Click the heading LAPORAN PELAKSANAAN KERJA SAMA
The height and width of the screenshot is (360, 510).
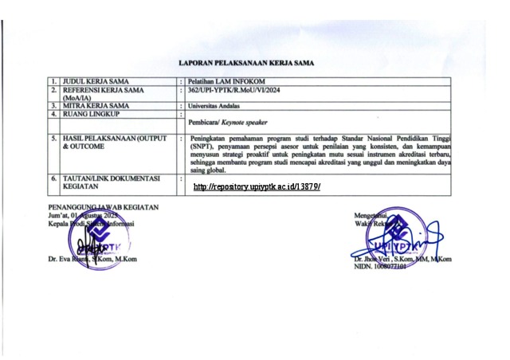pos(245,62)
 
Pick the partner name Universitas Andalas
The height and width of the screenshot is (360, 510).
pos(216,106)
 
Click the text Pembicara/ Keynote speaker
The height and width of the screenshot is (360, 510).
pos(228,123)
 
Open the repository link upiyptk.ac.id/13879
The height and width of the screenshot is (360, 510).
pos(257,186)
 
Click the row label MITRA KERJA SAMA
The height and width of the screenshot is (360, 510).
pos(96,106)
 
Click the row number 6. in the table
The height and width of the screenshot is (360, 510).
pos(53,178)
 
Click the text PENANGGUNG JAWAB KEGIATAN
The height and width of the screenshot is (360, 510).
pos(103,207)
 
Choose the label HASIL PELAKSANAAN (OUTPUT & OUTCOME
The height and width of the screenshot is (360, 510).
pos(114,143)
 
